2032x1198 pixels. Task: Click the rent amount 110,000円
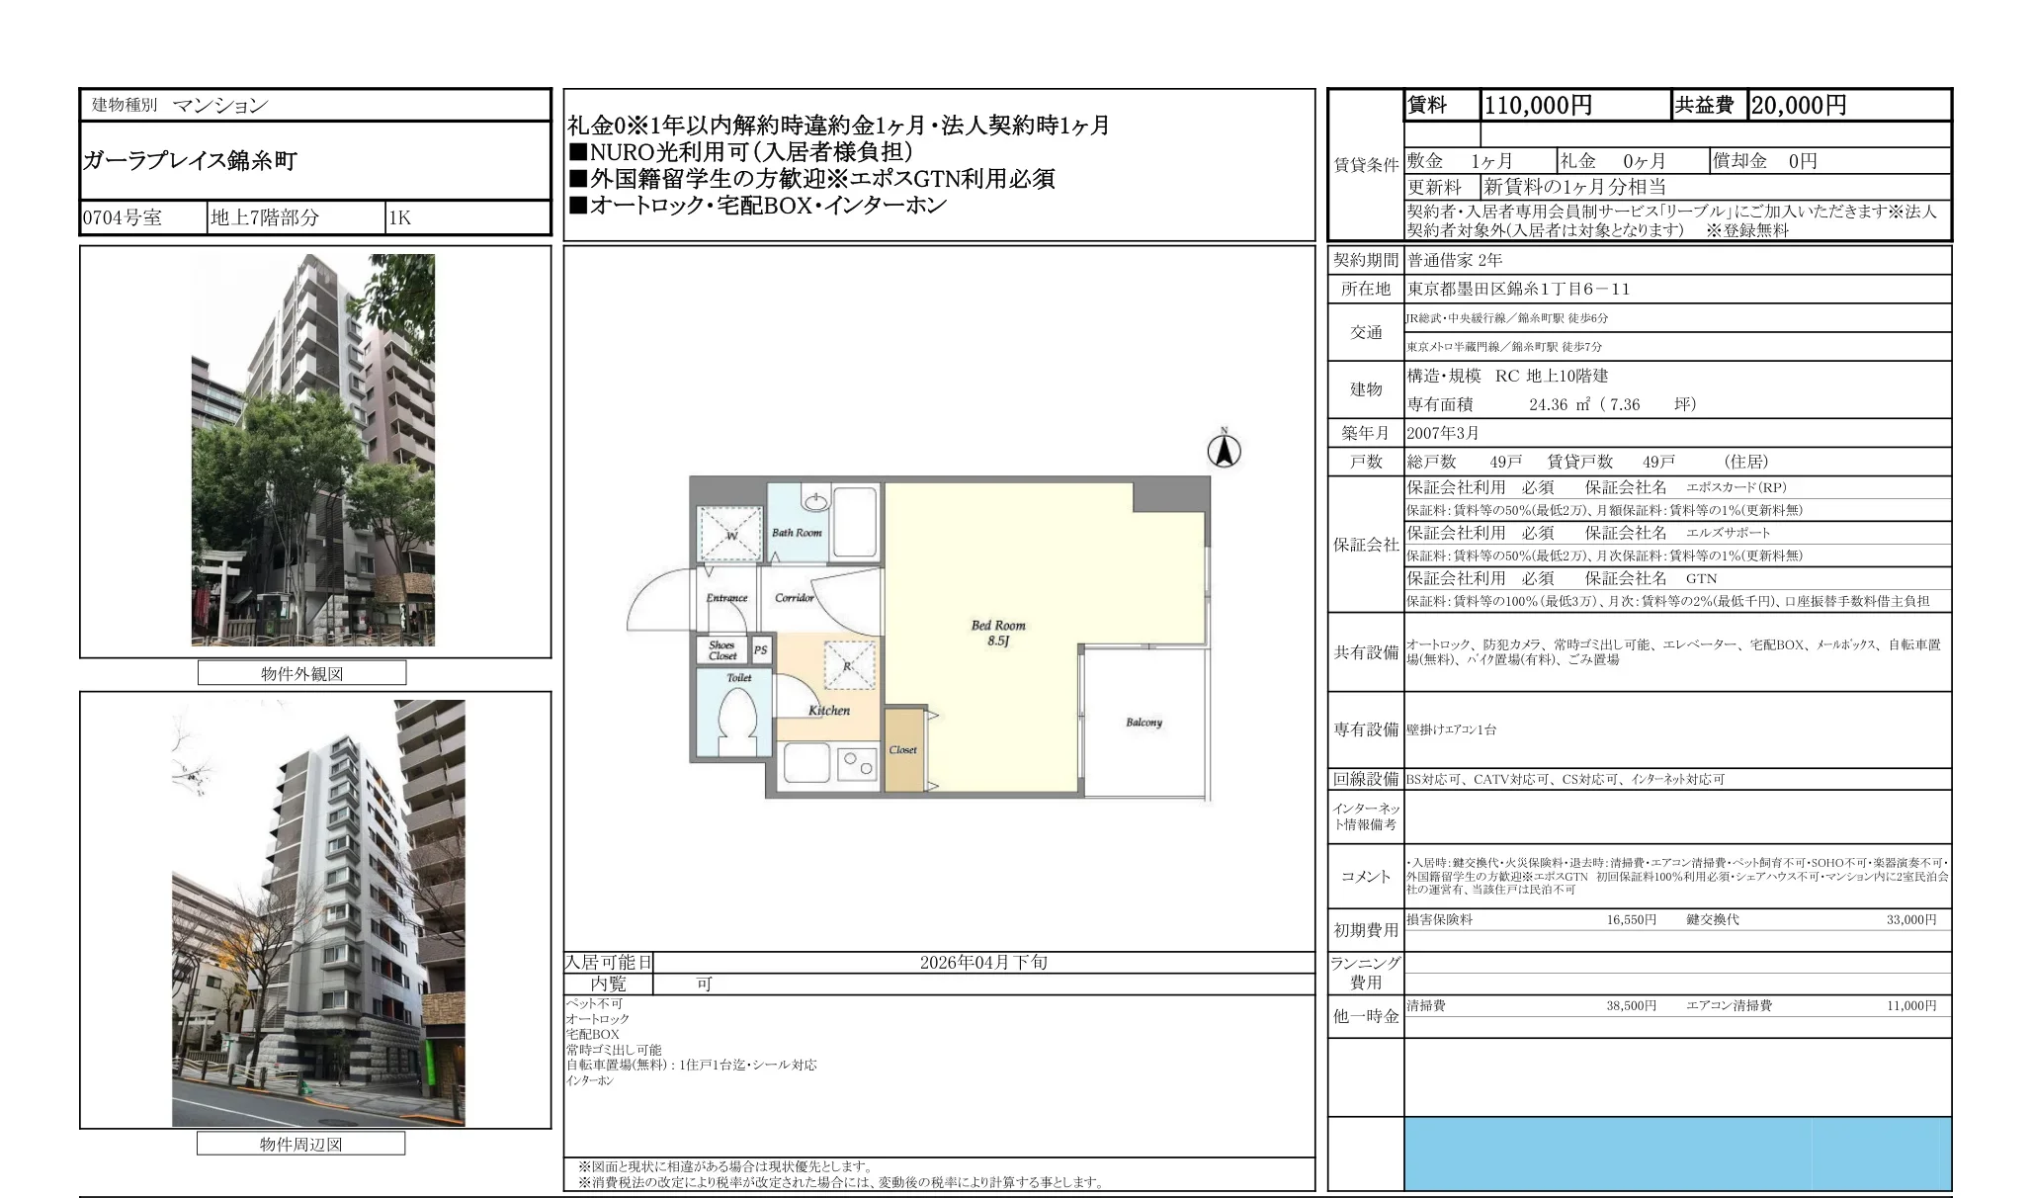pyautogui.click(x=1538, y=106)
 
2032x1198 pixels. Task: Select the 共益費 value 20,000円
pyautogui.click(x=1798, y=106)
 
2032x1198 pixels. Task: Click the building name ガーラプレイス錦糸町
pyautogui.click(x=190, y=161)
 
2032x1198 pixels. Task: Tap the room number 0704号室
pyautogui.click(x=123, y=218)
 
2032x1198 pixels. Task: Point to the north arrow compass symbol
pyautogui.click(x=1224, y=450)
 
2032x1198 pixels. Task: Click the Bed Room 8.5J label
pyautogui.click(x=997, y=633)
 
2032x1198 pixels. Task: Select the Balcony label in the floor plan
pyautogui.click(x=1143, y=723)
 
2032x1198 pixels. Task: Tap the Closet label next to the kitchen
pyautogui.click(x=902, y=750)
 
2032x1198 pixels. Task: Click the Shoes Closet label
pyautogui.click(x=721, y=650)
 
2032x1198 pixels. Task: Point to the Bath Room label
pyautogui.click(x=797, y=533)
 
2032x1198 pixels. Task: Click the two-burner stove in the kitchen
pyautogui.click(x=856, y=764)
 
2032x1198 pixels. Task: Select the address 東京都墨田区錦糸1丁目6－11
pyautogui.click(x=1518, y=290)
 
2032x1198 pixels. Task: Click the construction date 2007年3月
pyautogui.click(x=1443, y=433)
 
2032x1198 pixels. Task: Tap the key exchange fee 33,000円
pyautogui.click(x=1910, y=920)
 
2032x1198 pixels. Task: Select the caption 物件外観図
pyautogui.click(x=301, y=674)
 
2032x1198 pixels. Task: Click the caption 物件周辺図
pyautogui.click(x=300, y=1145)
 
